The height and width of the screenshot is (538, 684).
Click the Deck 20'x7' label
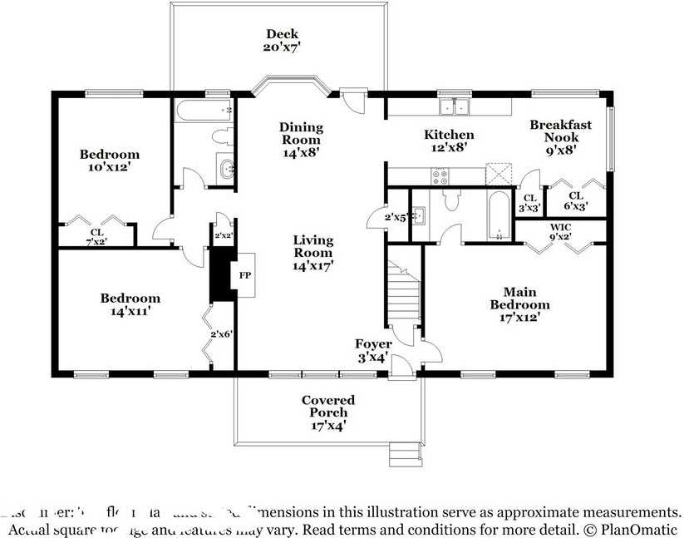(x=283, y=41)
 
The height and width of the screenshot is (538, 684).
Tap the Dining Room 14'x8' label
(x=300, y=140)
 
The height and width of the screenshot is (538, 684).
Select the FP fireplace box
(x=245, y=274)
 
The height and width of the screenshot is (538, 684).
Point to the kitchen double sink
(x=455, y=106)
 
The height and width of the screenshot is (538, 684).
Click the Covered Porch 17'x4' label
(x=328, y=412)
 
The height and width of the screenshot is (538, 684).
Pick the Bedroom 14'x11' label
(x=130, y=305)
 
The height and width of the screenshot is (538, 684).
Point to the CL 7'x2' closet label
(x=97, y=237)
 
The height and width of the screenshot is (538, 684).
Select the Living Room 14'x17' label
(x=312, y=253)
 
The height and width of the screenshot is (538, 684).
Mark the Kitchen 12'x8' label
(x=449, y=141)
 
